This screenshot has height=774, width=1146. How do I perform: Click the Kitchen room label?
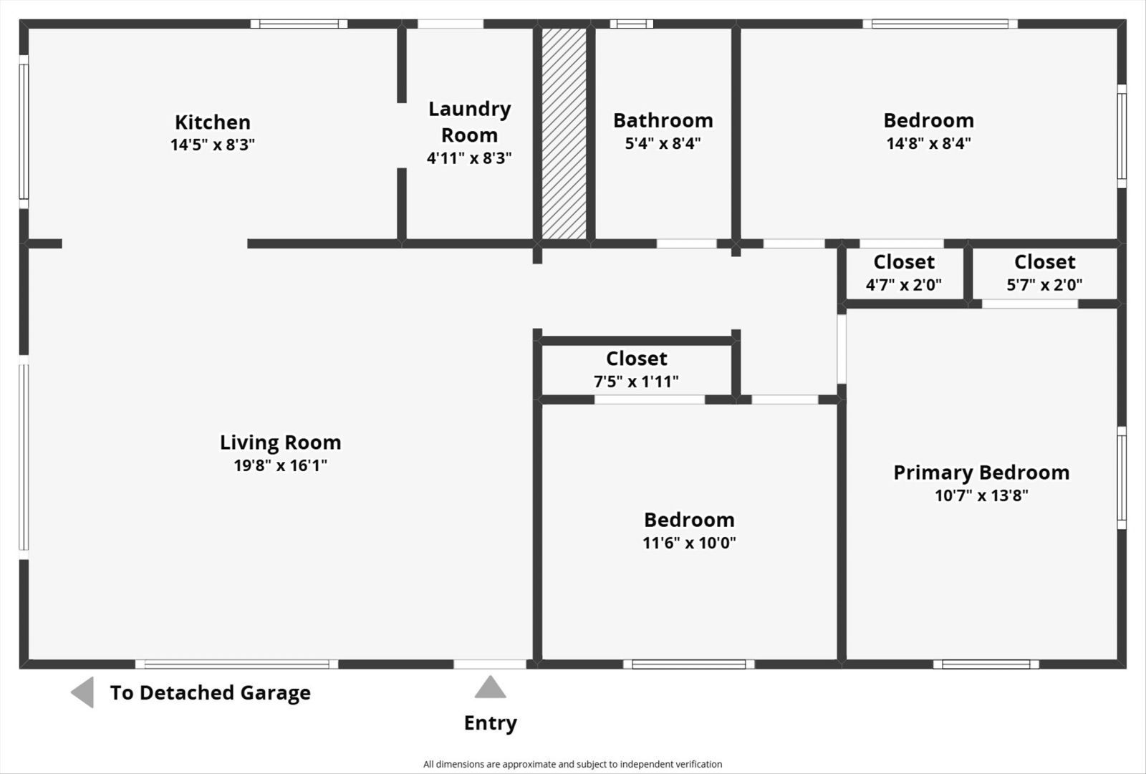(x=213, y=122)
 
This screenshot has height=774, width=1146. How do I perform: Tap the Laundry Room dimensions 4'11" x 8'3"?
(x=469, y=158)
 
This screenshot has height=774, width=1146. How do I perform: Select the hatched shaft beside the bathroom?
(x=564, y=133)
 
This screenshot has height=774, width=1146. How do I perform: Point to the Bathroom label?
(x=663, y=120)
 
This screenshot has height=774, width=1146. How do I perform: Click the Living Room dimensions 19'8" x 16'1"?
(x=280, y=465)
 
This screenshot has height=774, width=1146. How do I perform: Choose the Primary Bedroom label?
(x=981, y=473)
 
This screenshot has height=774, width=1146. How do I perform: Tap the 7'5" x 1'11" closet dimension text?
(x=636, y=382)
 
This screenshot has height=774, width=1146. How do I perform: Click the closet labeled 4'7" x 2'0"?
(x=904, y=273)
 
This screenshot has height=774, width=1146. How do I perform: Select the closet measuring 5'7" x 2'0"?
(x=1044, y=273)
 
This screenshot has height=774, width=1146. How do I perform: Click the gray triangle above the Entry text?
(x=490, y=688)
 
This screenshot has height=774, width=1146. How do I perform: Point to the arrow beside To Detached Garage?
(x=83, y=692)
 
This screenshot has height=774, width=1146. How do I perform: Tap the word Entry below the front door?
(x=490, y=723)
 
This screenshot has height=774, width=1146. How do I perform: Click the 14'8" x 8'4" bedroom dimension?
(x=928, y=143)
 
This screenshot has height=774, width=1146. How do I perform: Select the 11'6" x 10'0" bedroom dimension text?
(x=689, y=543)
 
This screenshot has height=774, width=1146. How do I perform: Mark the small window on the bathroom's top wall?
(x=631, y=24)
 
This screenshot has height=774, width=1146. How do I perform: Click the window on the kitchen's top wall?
(x=299, y=24)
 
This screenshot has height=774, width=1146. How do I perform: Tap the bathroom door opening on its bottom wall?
(x=686, y=244)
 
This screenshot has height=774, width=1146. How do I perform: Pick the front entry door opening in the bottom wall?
(x=490, y=664)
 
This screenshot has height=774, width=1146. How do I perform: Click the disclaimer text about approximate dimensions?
(x=572, y=764)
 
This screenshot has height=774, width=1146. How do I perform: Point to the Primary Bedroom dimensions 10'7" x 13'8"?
(x=981, y=495)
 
